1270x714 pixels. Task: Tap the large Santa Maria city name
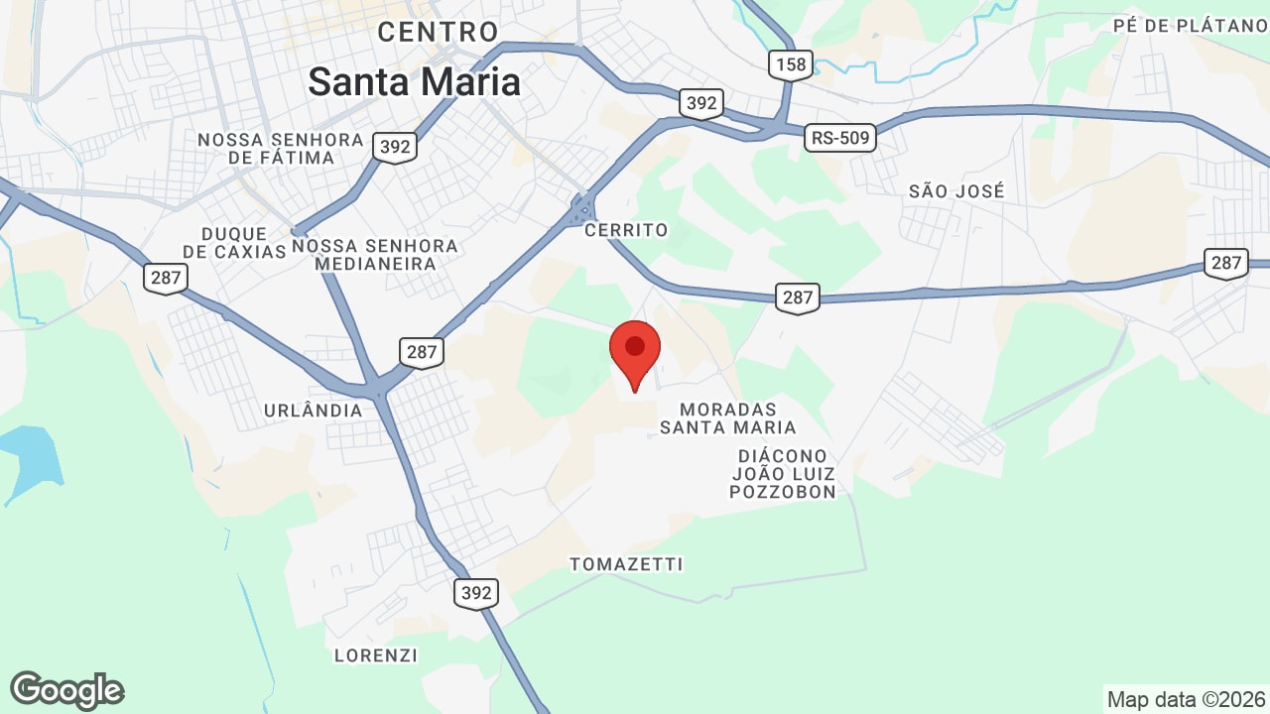tap(414, 81)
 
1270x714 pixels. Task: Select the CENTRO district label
tap(438, 32)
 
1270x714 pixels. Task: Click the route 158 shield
tap(791, 65)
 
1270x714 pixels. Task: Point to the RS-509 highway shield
tap(840, 138)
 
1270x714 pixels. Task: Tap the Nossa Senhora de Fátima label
tap(281, 149)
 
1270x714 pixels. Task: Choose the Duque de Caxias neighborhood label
tap(235, 243)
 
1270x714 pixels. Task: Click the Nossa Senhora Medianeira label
tap(375, 255)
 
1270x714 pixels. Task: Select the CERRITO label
tap(626, 230)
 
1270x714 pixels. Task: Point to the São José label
tap(956, 191)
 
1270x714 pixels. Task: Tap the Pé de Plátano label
tap(1191, 26)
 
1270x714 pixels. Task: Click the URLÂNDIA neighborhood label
tap(314, 411)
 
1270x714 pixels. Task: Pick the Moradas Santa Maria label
tap(728, 418)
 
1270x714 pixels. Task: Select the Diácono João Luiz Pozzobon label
tap(783, 473)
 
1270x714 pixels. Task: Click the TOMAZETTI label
tap(626, 564)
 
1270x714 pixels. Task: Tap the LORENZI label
tap(376, 655)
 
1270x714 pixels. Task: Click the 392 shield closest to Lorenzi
tap(476, 593)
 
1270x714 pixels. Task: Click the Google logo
tap(66, 690)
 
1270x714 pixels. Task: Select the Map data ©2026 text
tap(1186, 699)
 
